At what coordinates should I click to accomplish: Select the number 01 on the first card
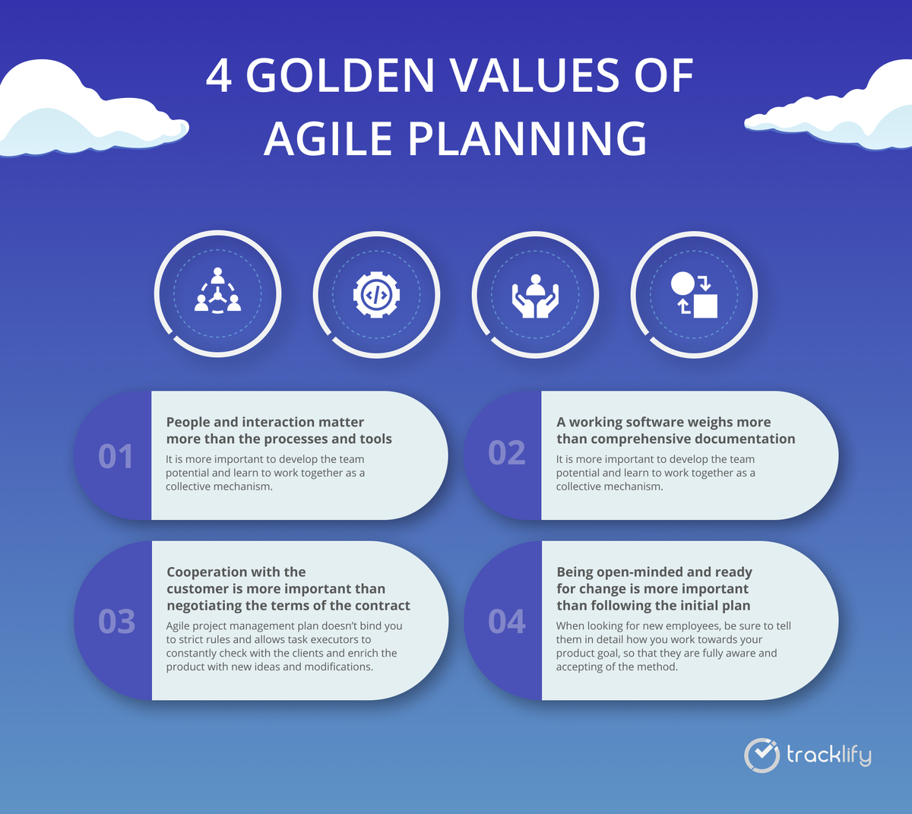(116, 457)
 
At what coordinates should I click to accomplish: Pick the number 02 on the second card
(506, 452)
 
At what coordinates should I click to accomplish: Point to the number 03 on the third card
(116, 622)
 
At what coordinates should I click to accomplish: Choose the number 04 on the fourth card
(506, 622)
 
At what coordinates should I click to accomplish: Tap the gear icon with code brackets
(376, 295)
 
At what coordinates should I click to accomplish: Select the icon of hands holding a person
(535, 296)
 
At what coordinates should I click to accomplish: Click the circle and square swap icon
(694, 295)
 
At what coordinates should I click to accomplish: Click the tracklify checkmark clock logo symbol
(762, 755)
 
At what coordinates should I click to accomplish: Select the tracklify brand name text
(828, 755)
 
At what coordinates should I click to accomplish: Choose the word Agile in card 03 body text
(179, 626)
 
